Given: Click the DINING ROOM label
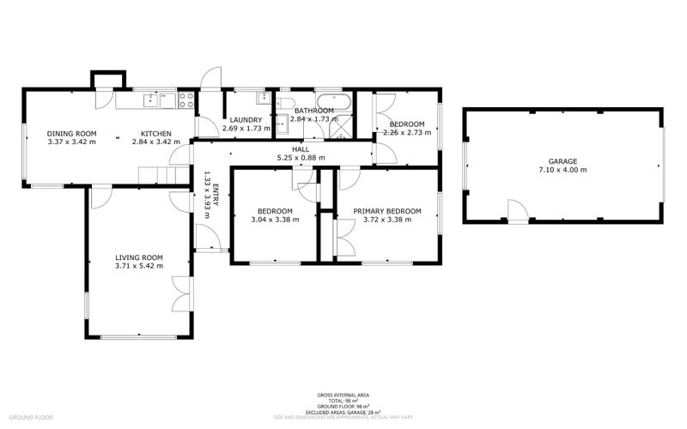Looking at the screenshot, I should [71, 133].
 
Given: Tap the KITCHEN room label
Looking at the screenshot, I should [151, 133].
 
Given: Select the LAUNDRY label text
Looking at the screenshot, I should [245, 120].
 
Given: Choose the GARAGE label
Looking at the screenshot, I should [562, 161].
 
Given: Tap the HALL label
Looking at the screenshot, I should [301, 149].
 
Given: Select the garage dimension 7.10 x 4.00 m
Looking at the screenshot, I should [562, 170].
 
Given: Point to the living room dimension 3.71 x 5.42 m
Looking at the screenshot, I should [139, 266].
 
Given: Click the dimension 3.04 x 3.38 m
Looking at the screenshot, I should [275, 220].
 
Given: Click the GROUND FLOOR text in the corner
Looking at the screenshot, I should [33, 417].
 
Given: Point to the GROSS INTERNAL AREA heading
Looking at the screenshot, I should [343, 395].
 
